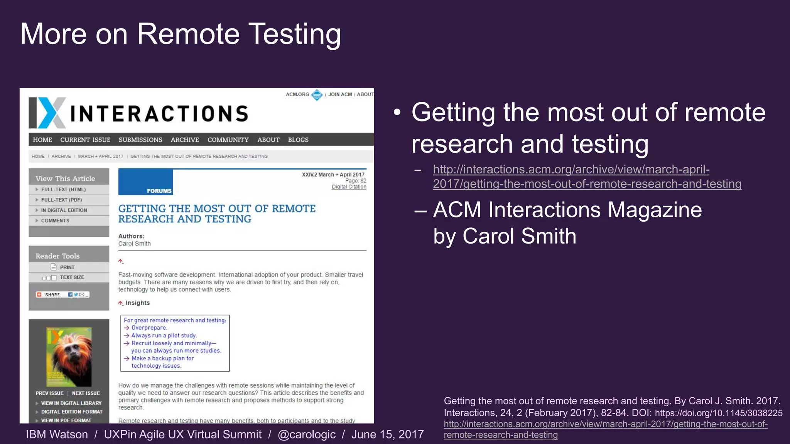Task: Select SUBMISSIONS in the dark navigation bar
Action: tap(140, 140)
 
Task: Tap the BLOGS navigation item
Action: tap(298, 140)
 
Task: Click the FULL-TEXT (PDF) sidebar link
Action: tap(61, 200)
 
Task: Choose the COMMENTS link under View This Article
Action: tap(55, 220)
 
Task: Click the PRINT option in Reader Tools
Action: tap(67, 267)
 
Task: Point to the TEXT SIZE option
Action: tap(72, 277)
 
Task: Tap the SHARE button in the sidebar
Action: tap(52, 294)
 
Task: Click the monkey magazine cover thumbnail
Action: tap(69, 357)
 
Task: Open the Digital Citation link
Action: tap(349, 187)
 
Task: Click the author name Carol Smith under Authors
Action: tap(134, 244)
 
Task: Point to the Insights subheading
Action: tap(137, 303)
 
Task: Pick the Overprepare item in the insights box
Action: tap(149, 328)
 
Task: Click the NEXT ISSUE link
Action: tap(86, 393)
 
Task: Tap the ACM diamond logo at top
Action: tap(317, 94)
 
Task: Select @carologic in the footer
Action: tap(307, 434)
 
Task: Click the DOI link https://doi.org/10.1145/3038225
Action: tap(719, 413)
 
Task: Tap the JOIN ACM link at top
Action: tap(340, 94)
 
